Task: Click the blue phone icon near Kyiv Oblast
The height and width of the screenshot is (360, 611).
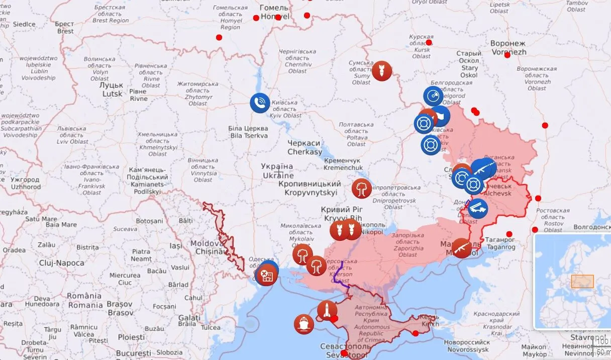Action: click(x=260, y=103)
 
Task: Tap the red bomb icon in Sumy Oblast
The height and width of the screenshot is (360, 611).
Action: click(x=381, y=71)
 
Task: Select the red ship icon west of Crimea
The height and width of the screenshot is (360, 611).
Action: click(x=303, y=324)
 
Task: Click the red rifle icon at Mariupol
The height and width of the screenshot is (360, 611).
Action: click(x=461, y=247)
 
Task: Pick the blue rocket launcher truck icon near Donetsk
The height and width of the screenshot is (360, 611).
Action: click(x=477, y=206)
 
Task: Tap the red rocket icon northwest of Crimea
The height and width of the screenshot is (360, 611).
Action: click(x=327, y=310)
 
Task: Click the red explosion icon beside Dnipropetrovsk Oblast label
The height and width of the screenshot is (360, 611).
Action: click(x=361, y=188)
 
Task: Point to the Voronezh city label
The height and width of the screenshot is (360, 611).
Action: click(x=508, y=48)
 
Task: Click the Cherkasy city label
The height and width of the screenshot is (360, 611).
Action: click(x=304, y=147)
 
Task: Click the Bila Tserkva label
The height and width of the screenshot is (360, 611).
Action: click(x=249, y=132)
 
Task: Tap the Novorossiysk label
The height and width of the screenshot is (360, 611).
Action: click(x=466, y=346)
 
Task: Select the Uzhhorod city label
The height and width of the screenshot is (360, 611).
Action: click(x=26, y=183)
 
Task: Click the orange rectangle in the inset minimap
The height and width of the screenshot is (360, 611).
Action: click(x=582, y=281)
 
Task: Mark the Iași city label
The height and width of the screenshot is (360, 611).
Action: click(x=176, y=246)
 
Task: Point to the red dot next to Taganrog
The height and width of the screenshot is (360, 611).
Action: click(x=509, y=234)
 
